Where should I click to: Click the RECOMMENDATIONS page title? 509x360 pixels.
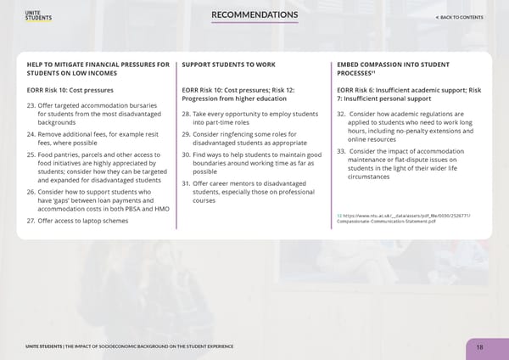click(x=255, y=15)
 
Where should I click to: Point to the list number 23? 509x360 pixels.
click(x=32, y=105)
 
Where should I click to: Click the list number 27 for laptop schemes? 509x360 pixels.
click(x=32, y=221)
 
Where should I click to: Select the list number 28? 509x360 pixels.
click(x=187, y=114)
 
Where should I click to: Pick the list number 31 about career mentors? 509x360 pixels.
click(x=187, y=183)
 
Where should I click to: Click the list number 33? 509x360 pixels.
click(x=341, y=151)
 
